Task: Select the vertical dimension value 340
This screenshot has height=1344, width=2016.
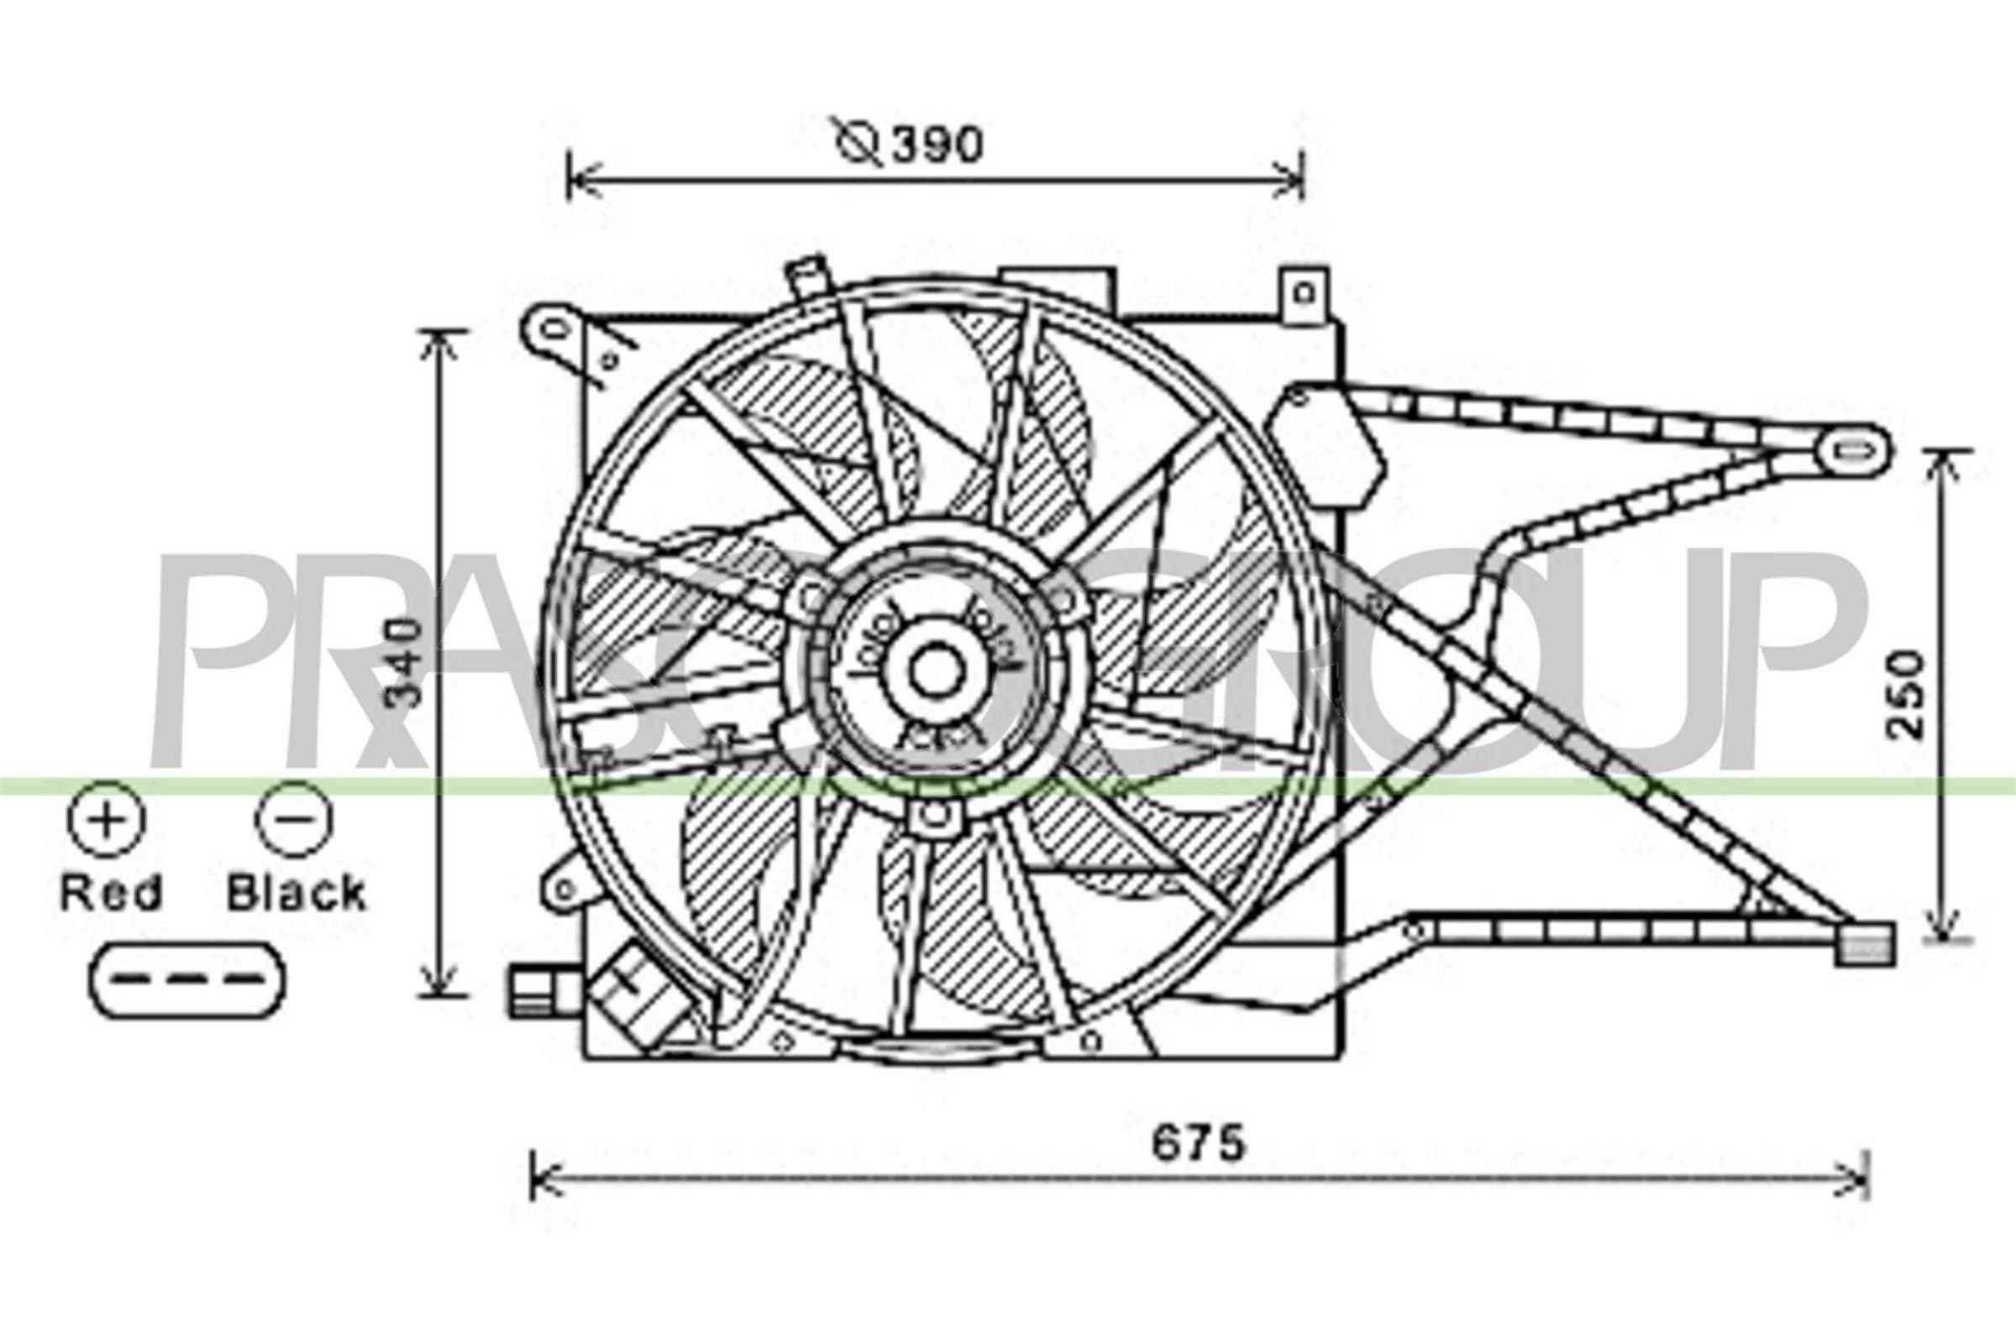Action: (402, 662)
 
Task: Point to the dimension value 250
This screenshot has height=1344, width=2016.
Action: (1908, 696)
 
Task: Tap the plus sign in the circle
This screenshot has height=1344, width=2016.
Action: (107, 816)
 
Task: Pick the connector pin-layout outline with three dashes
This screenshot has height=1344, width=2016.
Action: (186, 979)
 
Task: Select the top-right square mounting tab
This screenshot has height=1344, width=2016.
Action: (1305, 295)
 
